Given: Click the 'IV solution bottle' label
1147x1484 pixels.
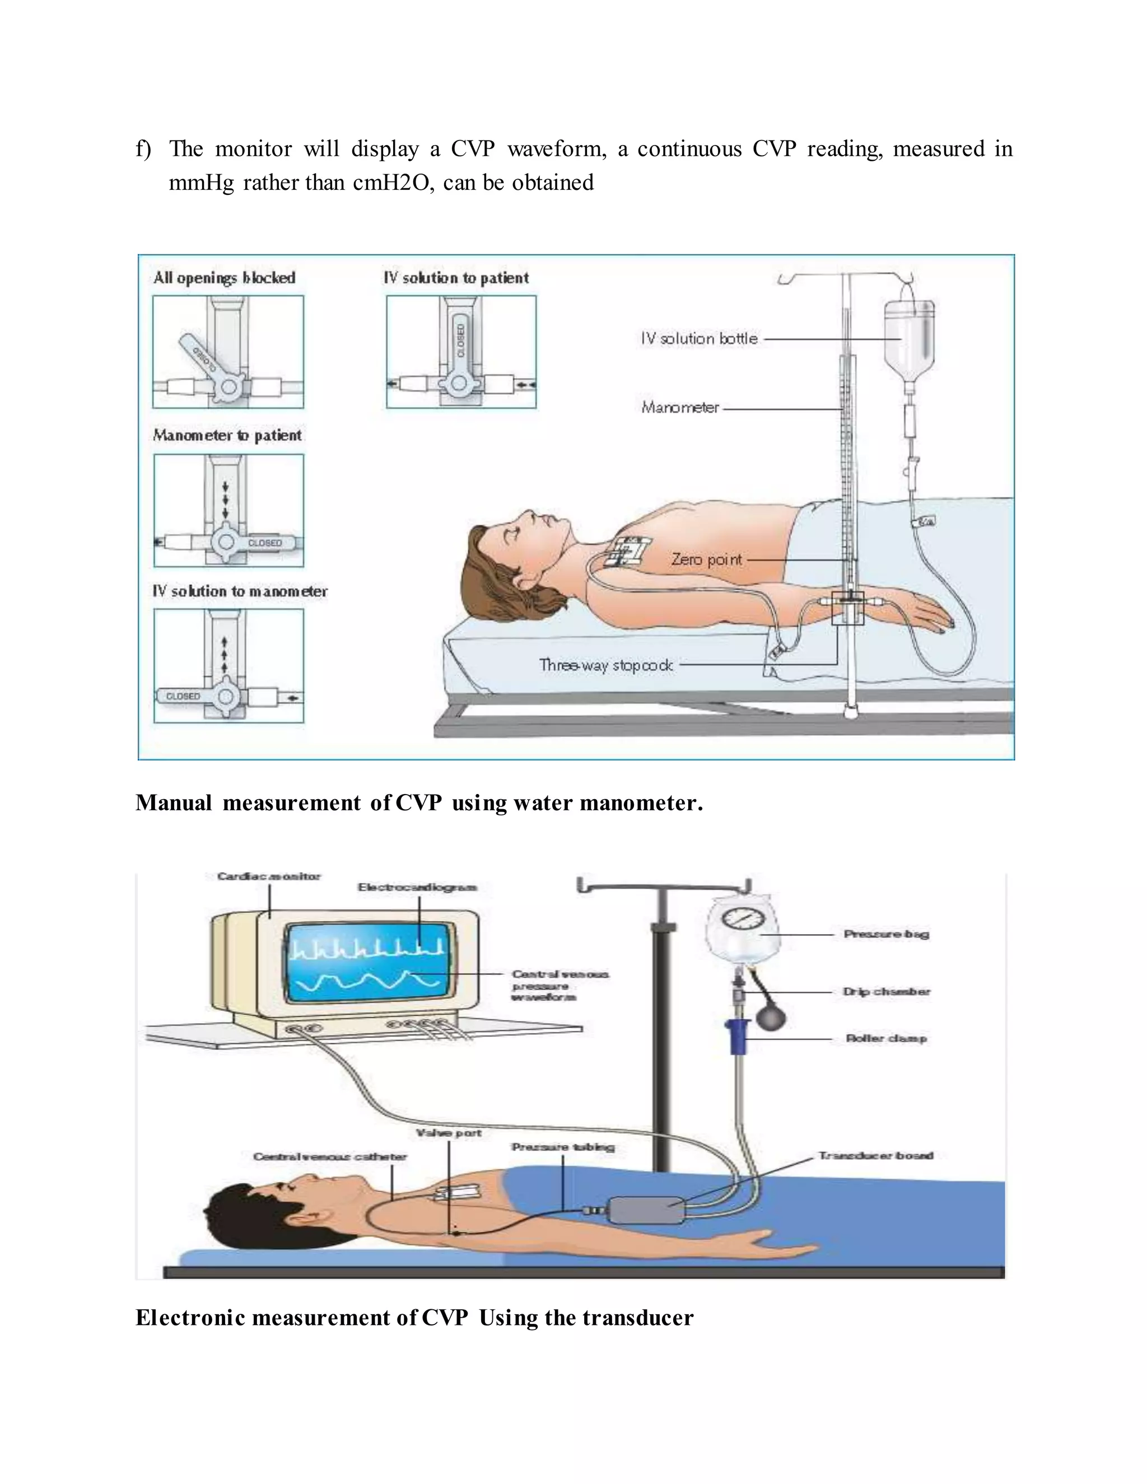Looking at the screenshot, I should [698, 338].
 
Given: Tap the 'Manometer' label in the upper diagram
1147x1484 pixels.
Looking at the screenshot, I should [679, 408].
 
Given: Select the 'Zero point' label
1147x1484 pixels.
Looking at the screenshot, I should [707, 559].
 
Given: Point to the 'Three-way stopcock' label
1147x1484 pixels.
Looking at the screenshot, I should [605, 665].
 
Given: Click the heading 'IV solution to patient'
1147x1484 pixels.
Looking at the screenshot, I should [456, 278].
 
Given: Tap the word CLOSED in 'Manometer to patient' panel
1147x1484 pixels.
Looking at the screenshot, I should [264, 543].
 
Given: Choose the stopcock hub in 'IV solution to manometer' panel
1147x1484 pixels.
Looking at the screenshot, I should [226, 697].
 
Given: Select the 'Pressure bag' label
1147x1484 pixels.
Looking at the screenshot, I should [886, 934].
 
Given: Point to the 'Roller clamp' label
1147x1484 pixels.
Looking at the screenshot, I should [886, 1038].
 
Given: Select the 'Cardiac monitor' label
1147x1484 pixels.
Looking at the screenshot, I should [269, 876].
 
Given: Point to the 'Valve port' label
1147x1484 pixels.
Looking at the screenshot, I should [449, 1133].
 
